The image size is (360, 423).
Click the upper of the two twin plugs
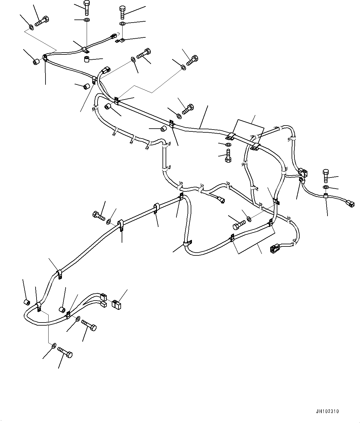103,297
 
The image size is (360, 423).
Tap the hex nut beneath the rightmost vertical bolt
326,187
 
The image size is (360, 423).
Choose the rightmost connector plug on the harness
350,203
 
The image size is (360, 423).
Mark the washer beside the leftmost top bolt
31,28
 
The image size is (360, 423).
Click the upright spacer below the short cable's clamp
87,59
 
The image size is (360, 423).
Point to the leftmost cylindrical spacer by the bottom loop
27,301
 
